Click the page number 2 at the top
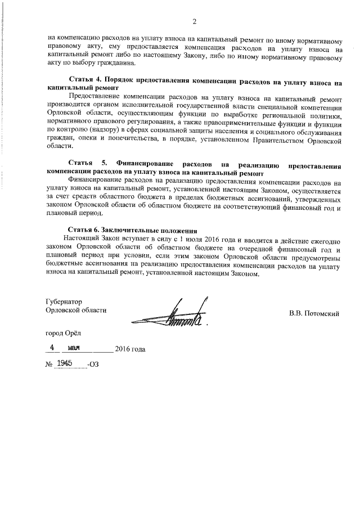pyautogui.click(x=194, y=22)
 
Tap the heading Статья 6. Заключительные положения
pyautogui.click(x=132, y=231)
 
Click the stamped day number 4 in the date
pyautogui.click(x=51, y=348)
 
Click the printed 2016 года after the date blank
pyautogui.click(x=130, y=349)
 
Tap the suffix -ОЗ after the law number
pyautogui.click(x=93, y=365)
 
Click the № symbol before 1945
pyautogui.click(x=48, y=365)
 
